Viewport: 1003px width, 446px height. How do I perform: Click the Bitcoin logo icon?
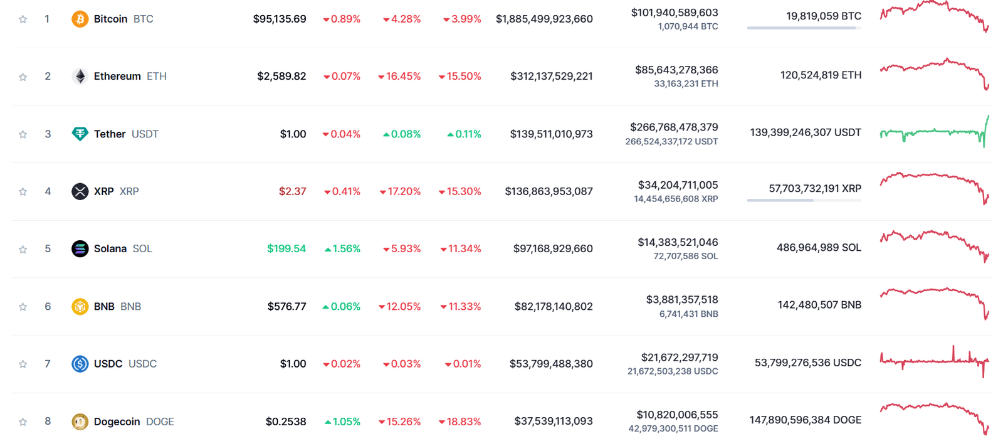pyautogui.click(x=80, y=19)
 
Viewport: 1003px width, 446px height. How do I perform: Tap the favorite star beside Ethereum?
pyautogui.click(x=23, y=77)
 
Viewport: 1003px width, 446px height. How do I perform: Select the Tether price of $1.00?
pyautogui.click(x=293, y=134)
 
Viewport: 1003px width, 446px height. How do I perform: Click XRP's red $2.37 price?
pyautogui.click(x=292, y=191)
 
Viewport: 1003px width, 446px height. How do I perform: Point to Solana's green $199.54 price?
pyautogui.click(x=286, y=249)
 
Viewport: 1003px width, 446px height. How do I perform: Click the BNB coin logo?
pyautogui.click(x=80, y=307)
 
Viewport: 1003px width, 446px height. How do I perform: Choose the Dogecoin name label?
pyautogui.click(x=117, y=422)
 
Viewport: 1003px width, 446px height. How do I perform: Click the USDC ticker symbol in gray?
pyautogui.click(x=142, y=364)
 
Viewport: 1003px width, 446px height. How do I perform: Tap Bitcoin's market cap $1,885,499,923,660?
pyautogui.click(x=544, y=19)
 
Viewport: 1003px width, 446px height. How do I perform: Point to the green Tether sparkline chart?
pyautogui.click(x=934, y=132)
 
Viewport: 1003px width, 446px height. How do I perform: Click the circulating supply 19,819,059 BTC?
pyautogui.click(x=824, y=16)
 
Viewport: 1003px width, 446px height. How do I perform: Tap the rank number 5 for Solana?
pyautogui.click(x=48, y=249)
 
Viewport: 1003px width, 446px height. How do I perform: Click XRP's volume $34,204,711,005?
pyautogui.click(x=678, y=185)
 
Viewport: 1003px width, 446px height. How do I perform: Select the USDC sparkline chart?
pyautogui.click(x=934, y=361)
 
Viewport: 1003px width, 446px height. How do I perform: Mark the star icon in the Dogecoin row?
pyautogui.click(x=23, y=422)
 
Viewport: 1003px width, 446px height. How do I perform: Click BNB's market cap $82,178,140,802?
pyautogui.click(x=554, y=307)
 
